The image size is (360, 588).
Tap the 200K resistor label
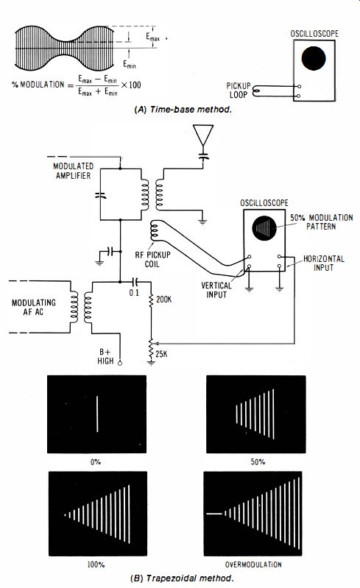(164, 300)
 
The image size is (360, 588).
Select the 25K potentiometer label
(162, 354)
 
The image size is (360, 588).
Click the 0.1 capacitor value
(134, 292)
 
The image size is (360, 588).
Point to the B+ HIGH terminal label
(105, 356)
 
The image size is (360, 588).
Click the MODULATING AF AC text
(34, 307)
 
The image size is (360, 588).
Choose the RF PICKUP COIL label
(152, 260)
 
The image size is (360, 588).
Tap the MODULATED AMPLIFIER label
(74, 171)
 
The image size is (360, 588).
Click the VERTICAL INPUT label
(216, 290)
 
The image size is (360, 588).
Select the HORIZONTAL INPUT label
(324, 263)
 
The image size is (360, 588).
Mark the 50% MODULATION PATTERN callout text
(322, 222)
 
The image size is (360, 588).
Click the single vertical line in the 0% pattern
(97, 414)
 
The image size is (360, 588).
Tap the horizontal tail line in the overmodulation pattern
(214, 514)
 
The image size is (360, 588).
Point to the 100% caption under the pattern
(96, 564)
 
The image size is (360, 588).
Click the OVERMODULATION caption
(253, 564)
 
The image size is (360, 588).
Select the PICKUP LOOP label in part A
(239, 91)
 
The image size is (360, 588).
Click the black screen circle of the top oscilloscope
(314, 58)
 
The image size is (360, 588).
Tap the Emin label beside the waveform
(130, 65)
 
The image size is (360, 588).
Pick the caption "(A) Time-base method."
(183, 110)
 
